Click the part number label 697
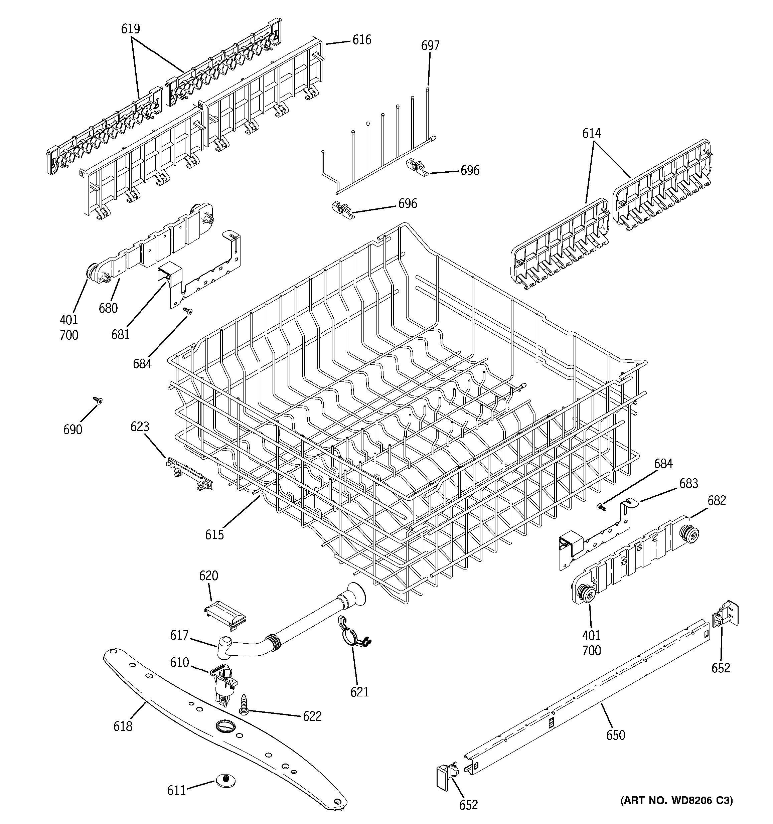[x=430, y=46]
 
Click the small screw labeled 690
[x=98, y=400]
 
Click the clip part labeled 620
[x=226, y=620]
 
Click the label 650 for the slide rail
[x=616, y=735]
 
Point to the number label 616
[x=362, y=40]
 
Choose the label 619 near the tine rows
[x=131, y=29]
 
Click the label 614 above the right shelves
[x=592, y=134]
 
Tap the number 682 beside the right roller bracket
[x=717, y=501]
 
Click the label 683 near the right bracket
[x=688, y=483]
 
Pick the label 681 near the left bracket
[x=120, y=334]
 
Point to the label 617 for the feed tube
[x=179, y=635]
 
